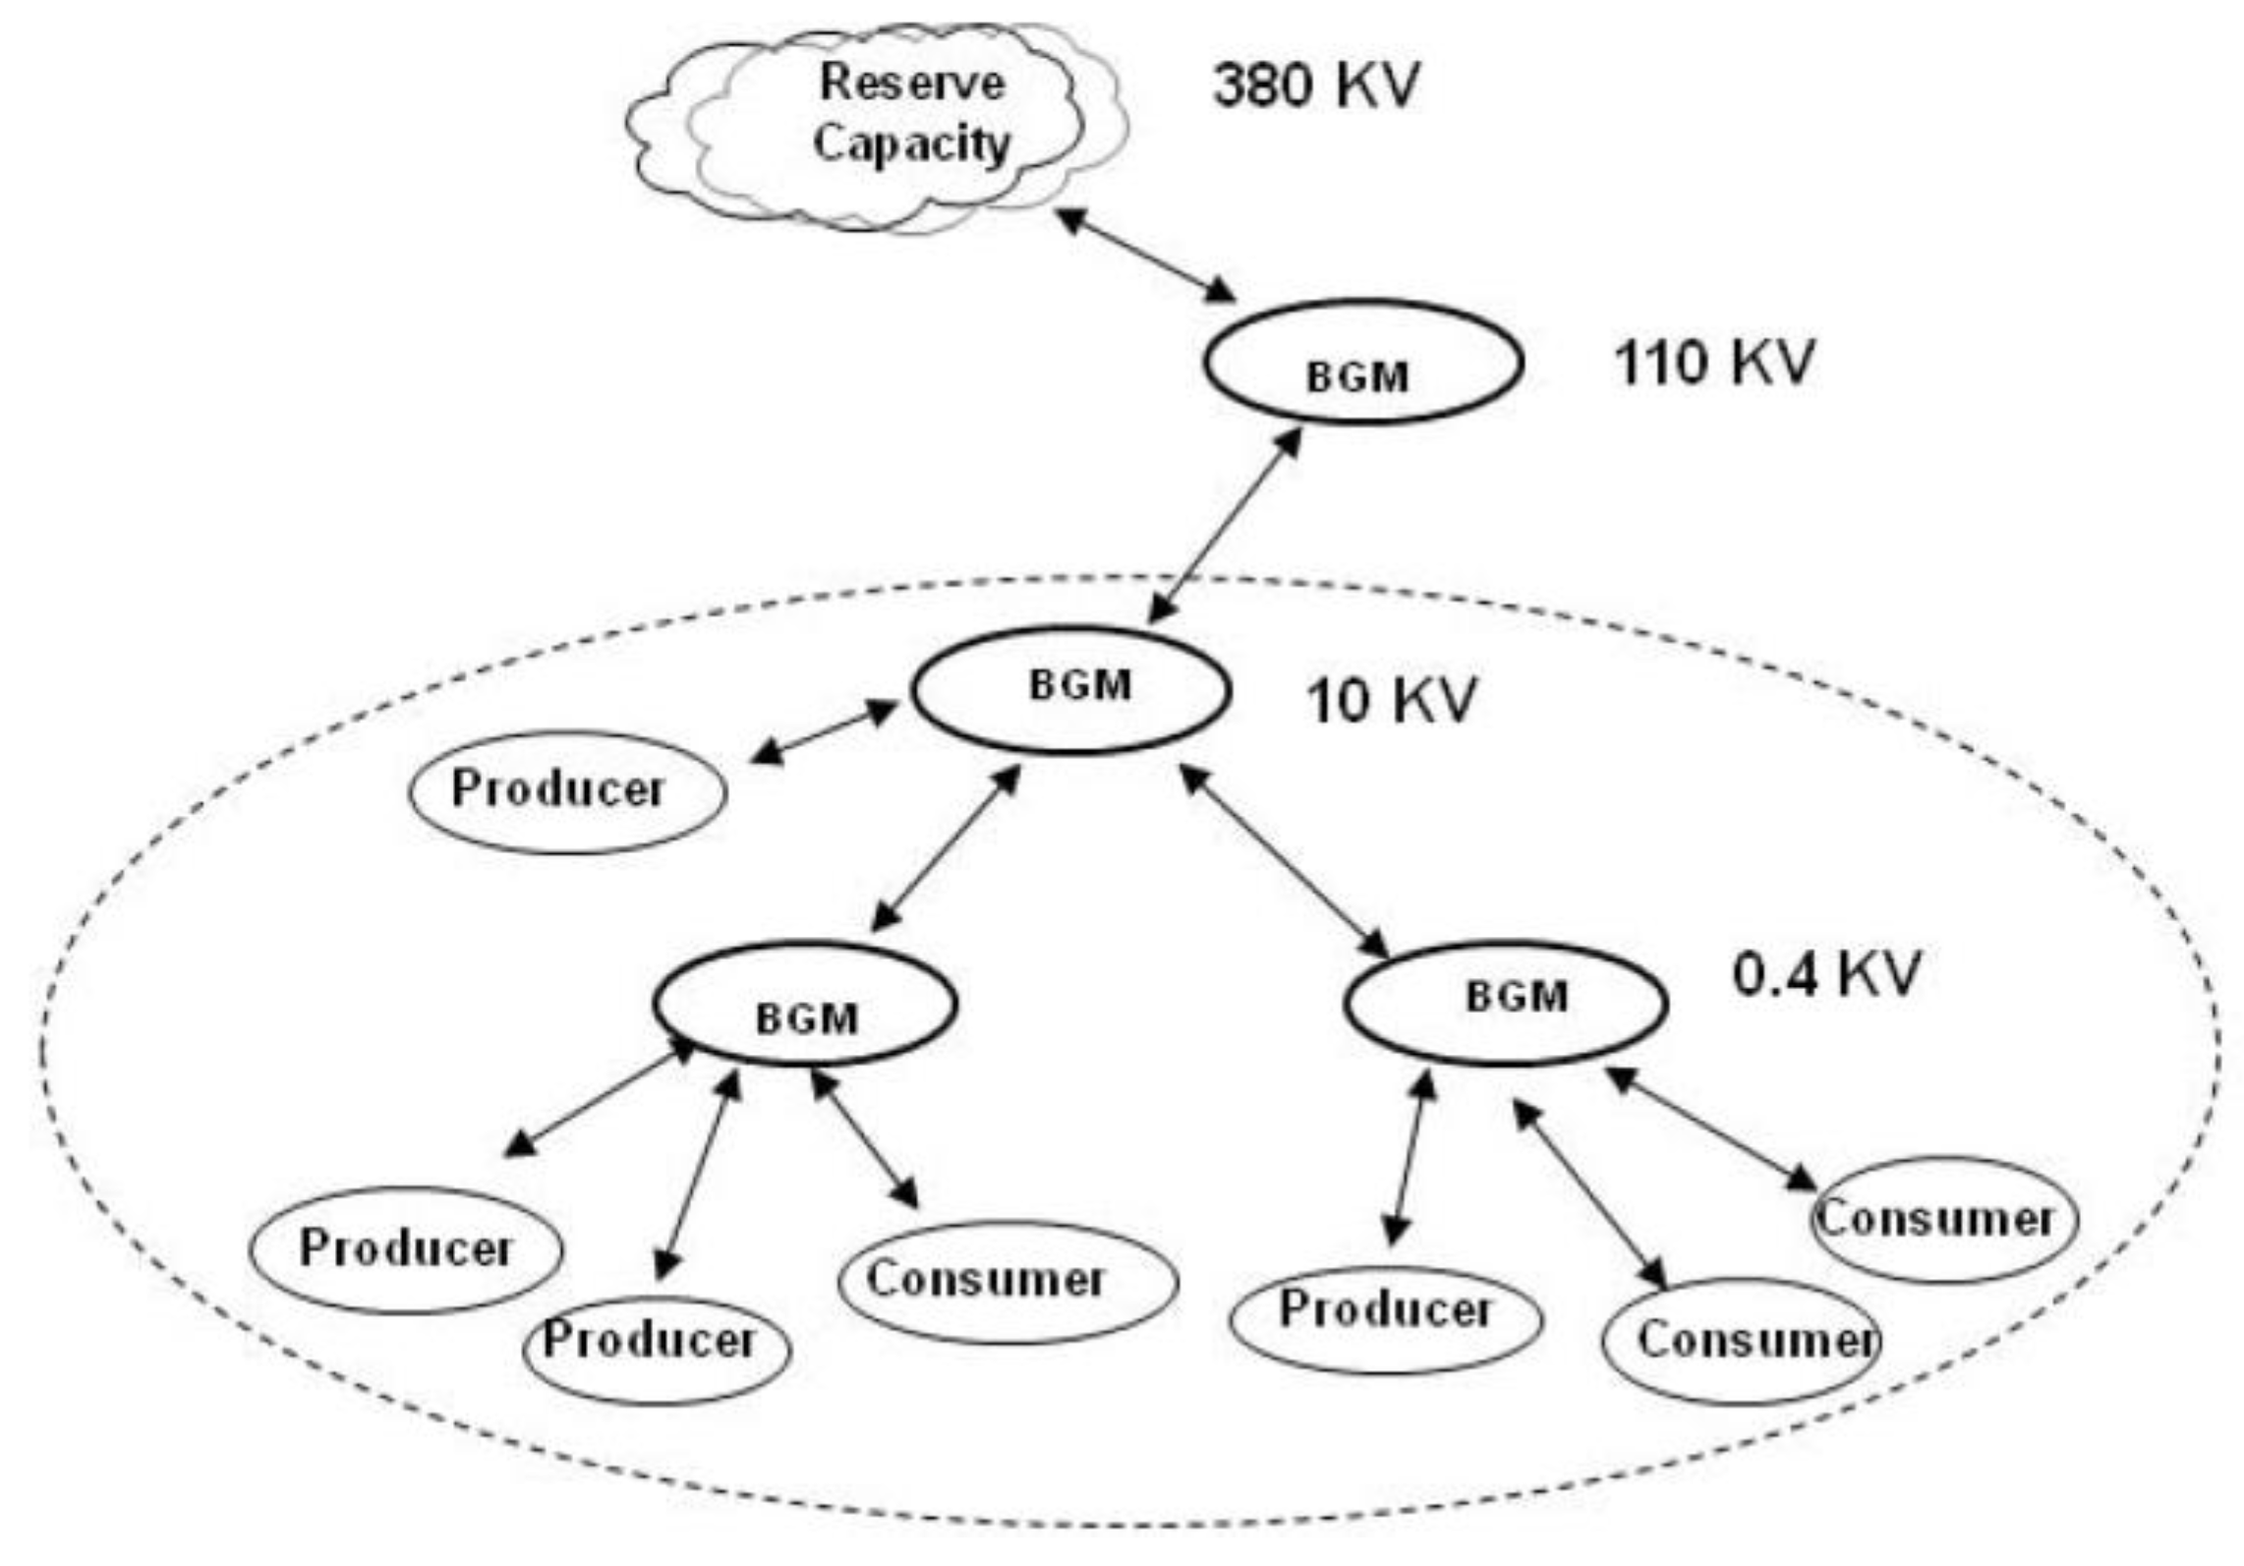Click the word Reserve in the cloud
coord(911,83)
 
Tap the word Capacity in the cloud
coord(911,144)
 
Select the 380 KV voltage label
coord(1316,86)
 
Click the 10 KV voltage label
coord(1390,701)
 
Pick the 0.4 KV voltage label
coord(1825,974)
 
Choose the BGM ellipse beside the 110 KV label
coord(1363,363)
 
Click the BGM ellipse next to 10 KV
coord(1070,689)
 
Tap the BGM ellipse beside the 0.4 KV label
coord(1505,1003)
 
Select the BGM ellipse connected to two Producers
coord(805,1005)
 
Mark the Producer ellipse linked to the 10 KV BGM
coord(567,790)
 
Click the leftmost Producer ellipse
coord(406,1249)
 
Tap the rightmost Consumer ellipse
coord(1943,1219)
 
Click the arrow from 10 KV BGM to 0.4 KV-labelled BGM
coord(1284,862)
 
